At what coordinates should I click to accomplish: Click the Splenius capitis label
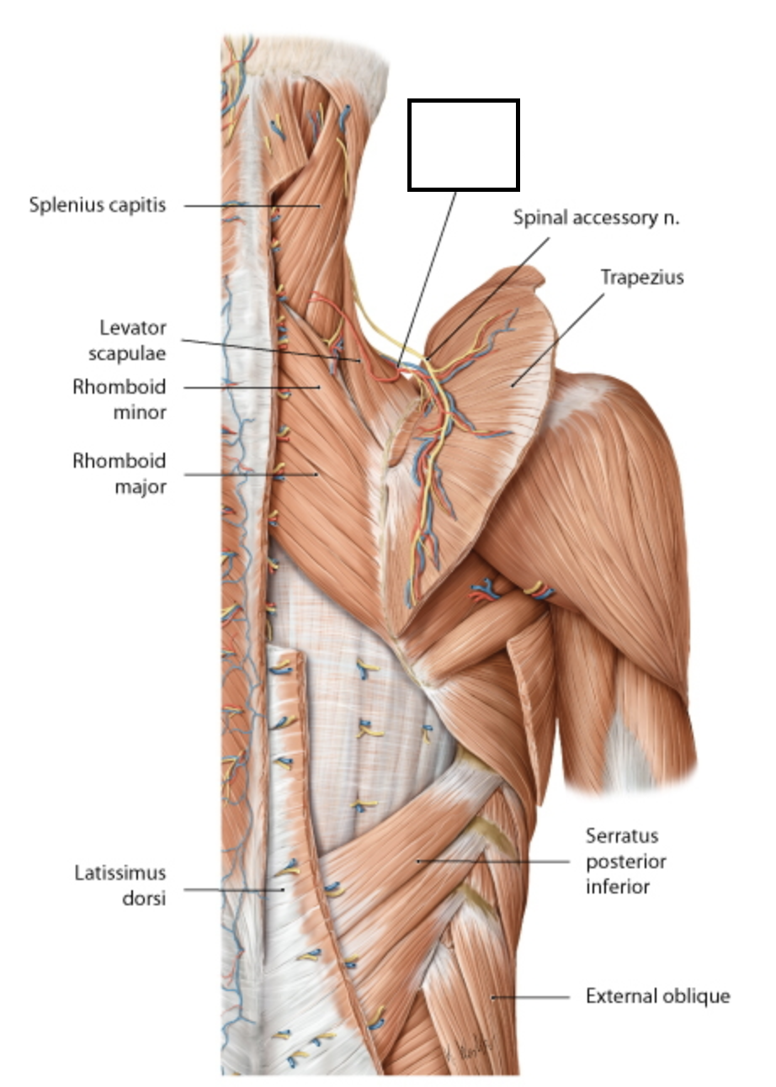click(x=97, y=204)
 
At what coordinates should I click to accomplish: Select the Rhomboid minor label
click(x=119, y=399)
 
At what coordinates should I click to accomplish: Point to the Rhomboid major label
click(x=119, y=473)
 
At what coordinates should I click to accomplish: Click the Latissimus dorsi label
click(x=119, y=886)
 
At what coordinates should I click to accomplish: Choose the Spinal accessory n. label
click(x=596, y=218)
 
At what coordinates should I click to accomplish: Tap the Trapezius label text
click(x=642, y=277)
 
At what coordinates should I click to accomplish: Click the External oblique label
click(x=657, y=997)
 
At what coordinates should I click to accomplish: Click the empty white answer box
click(x=463, y=145)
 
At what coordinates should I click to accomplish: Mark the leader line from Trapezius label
click(x=564, y=332)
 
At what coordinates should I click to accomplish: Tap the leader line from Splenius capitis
click(x=252, y=205)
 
